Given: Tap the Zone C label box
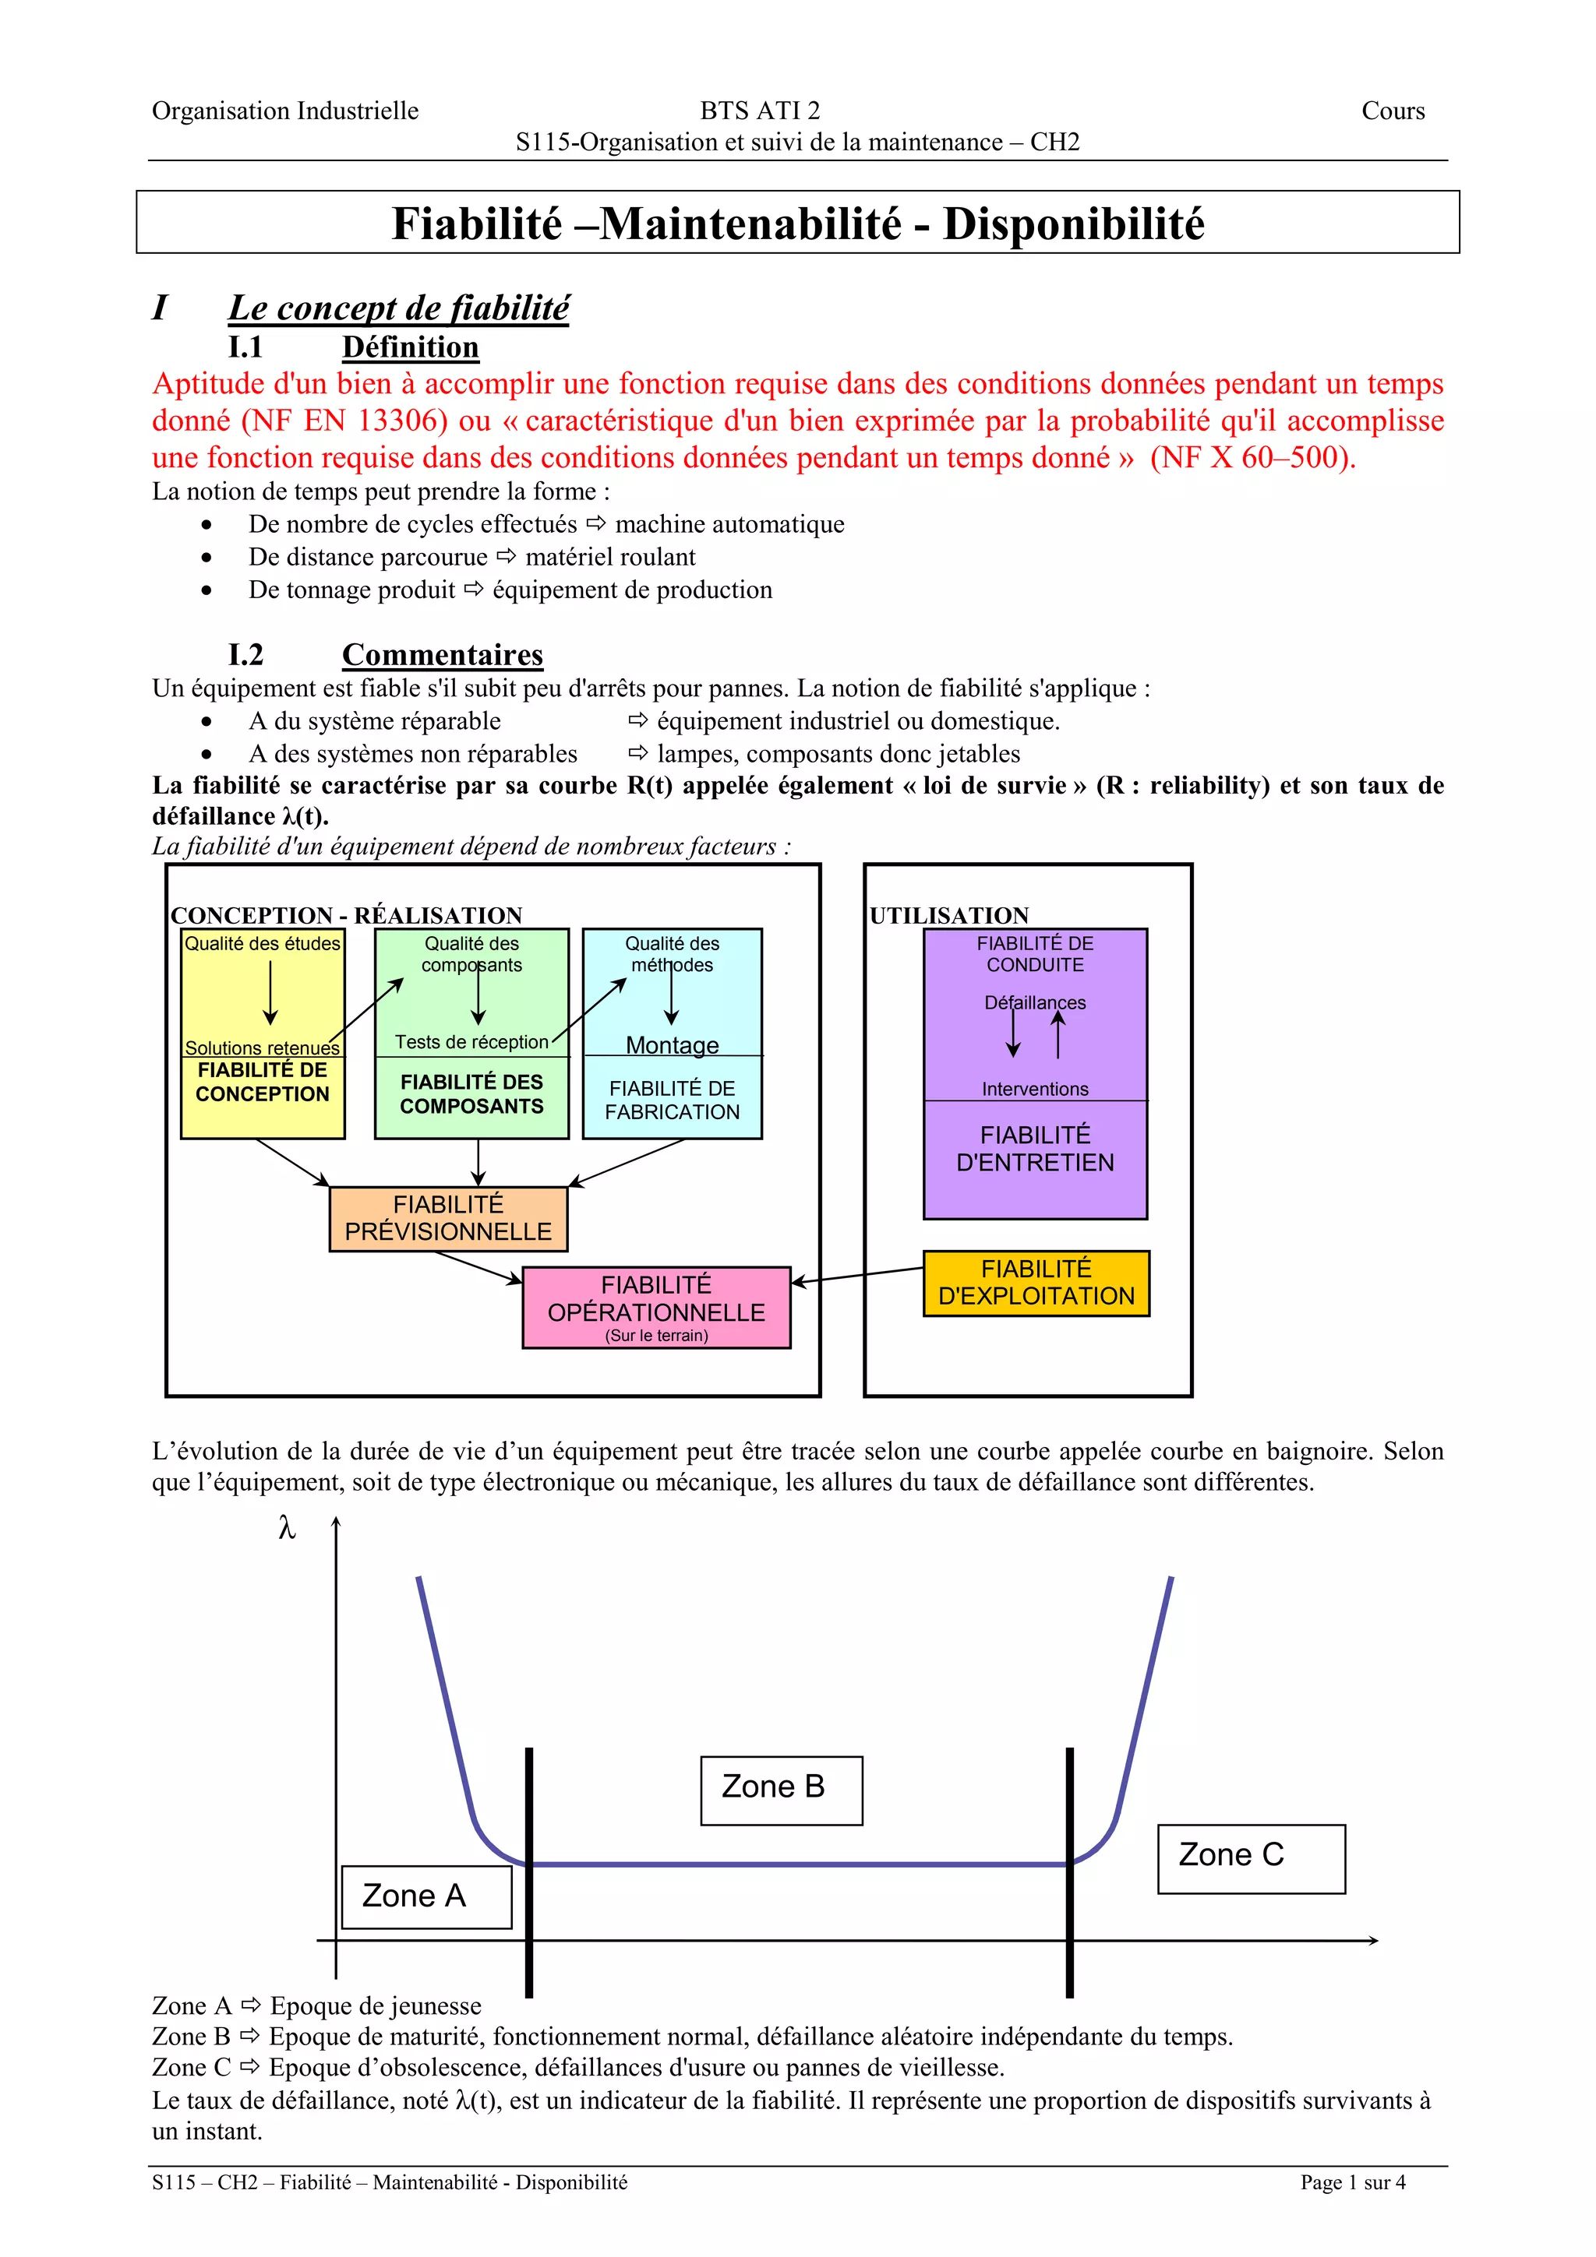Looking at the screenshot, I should pos(1250,1858).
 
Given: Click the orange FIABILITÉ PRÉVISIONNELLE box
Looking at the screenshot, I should pos(448,1219).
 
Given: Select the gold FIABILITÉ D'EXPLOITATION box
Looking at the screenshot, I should pos(1036,1283).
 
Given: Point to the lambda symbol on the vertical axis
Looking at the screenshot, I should pos(287,1527).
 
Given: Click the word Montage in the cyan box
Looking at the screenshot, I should pos(672,1045).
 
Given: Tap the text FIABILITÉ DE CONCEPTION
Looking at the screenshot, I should pos(262,1083).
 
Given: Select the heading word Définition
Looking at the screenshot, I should pos(410,347).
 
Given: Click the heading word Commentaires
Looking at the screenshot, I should pos(443,655).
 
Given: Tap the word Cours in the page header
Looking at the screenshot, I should pos(1393,111).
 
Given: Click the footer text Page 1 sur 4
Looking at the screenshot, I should pos(1352,2182).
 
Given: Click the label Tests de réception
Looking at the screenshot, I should pos(471,1042).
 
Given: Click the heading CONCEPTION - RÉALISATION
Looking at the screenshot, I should pos(346,915).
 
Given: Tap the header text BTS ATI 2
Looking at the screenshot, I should pos(759,111).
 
